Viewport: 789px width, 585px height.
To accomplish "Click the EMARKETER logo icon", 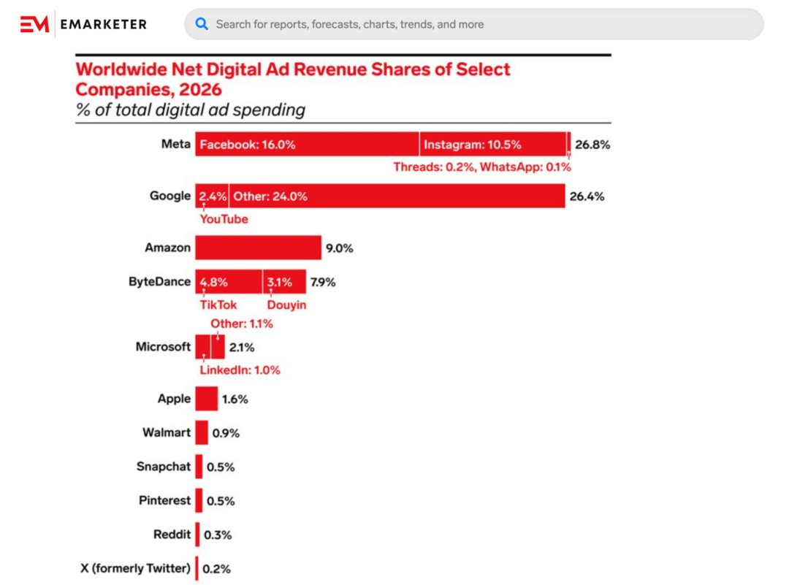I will tap(34, 24).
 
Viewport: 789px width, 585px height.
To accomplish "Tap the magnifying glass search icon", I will tap(202, 24).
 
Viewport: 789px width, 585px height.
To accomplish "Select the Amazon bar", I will tap(258, 248).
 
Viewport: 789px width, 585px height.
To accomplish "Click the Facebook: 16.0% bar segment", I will tap(307, 145).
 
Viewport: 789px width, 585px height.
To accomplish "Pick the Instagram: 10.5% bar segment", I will tap(493, 145).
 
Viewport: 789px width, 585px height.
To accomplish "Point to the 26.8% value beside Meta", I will tap(592, 145).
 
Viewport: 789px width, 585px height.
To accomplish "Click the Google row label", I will tap(170, 196).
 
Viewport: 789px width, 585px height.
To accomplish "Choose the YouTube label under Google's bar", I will tap(224, 219).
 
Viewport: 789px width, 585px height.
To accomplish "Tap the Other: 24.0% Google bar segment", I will tap(397, 196).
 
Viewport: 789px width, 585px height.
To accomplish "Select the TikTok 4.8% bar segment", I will tap(229, 282).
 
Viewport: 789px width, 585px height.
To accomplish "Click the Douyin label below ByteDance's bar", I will tap(286, 305).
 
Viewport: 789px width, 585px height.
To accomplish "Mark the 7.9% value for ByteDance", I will tap(323, 282).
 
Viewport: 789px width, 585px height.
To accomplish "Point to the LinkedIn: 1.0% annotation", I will tap(240, 370).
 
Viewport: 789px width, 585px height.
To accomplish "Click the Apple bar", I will tap(207, 399).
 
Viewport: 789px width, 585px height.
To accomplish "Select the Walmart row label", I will tap(167, 432).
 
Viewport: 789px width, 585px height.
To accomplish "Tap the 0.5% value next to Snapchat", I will tap(221, 467).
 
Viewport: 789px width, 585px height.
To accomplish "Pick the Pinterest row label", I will tap(165, 500).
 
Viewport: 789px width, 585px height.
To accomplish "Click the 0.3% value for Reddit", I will tap(218, 535).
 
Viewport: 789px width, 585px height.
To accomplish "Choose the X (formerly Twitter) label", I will tap(135, 568).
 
